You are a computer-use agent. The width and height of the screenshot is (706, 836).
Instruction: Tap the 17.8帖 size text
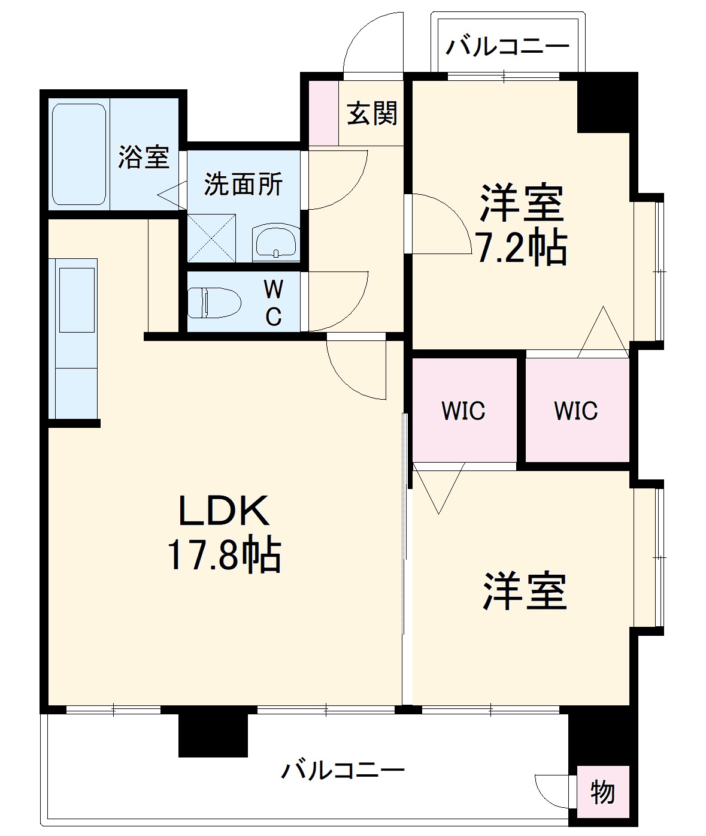224,556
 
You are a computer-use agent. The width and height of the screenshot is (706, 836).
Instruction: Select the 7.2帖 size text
521,248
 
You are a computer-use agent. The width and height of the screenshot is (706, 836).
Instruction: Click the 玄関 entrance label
372,113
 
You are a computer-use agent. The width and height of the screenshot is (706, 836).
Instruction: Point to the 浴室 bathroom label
144,157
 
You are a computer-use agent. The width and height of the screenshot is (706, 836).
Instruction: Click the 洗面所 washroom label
243,184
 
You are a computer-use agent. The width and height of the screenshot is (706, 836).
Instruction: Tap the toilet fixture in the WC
214,302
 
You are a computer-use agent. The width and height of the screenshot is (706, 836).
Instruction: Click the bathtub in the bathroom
79,154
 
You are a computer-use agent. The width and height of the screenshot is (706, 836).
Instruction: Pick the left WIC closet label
463,411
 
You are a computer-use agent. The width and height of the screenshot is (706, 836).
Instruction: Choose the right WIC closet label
575,411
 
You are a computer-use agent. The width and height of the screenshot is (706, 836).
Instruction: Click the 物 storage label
602,792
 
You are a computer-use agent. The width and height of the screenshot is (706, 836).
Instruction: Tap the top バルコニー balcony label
507,46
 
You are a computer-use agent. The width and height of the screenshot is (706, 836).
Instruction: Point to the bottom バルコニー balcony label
343,769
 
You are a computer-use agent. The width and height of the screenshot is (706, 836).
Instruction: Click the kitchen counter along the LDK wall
75,339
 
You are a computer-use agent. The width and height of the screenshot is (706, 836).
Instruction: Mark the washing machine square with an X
211,237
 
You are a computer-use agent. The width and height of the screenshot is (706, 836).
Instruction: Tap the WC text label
274,303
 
